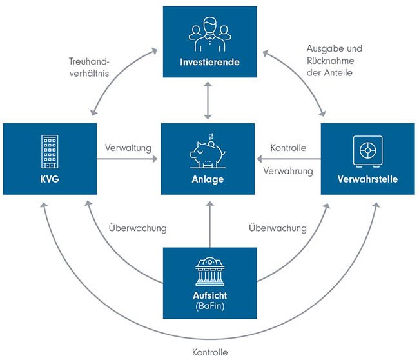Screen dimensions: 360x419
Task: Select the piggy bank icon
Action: pyautogui.click(x=208, y=152)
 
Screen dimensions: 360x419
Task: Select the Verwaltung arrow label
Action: pyautogui.click(x=128, y=147)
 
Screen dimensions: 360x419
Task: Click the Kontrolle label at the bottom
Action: pyautogui.click(x=209, y=352)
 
